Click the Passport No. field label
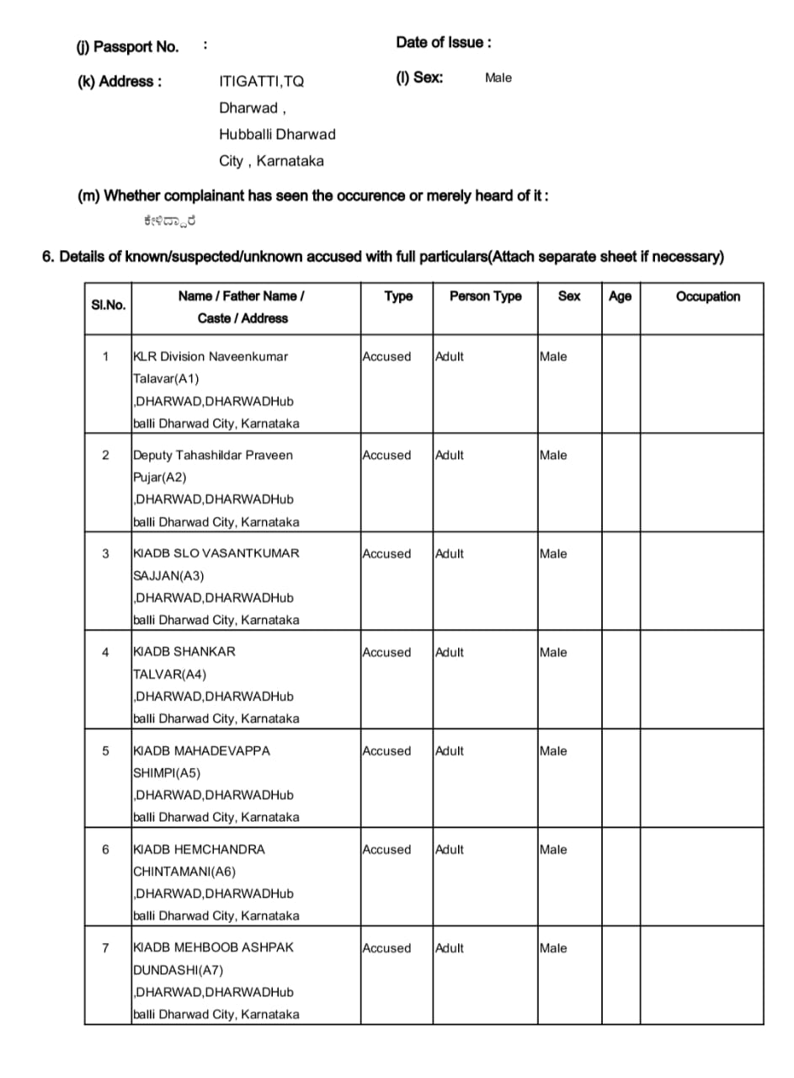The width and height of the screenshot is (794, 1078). coord(127,46)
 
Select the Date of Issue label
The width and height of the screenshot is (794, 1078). coord(444,42)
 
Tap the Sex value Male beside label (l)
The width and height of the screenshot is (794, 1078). coord(498,77)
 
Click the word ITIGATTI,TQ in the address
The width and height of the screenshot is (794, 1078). coord(261,82)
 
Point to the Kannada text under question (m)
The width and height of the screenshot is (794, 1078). coord(170,221)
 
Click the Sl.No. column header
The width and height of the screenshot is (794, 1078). coord(108,304)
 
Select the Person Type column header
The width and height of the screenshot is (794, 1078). coord(485,296)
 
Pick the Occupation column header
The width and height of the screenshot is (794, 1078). coord(707,296)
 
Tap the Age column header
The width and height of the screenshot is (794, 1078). coord(620,296)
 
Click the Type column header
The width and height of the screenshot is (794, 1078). coord(398,296)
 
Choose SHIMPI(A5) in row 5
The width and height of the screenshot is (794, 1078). coord(167,772)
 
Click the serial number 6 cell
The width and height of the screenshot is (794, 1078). coord(105,849)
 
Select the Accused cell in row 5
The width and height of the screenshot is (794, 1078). coord(386,750)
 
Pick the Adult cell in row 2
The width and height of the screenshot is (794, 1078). coord(450,455)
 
